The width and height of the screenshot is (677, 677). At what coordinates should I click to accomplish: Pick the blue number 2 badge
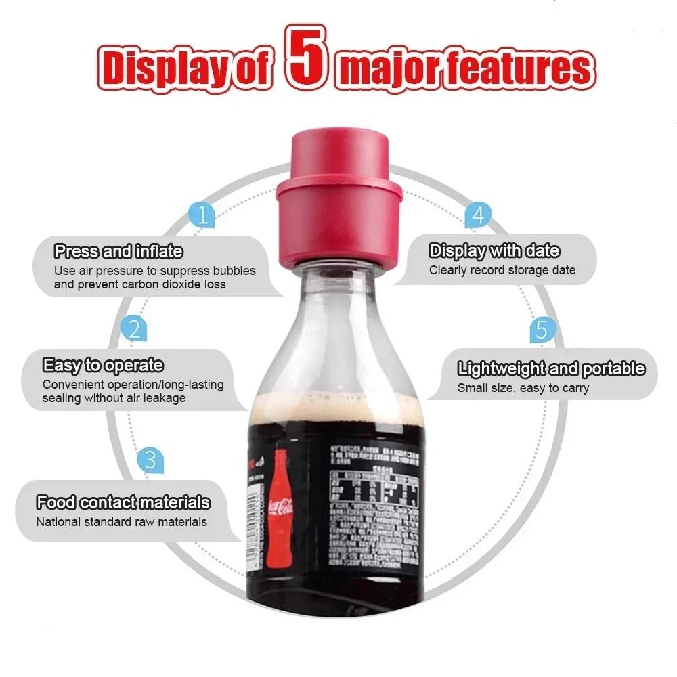134,330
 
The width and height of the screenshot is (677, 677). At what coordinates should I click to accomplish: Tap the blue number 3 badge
150,460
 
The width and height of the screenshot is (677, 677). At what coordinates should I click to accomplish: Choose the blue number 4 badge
478,215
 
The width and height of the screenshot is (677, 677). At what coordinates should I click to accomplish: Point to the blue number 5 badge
541,330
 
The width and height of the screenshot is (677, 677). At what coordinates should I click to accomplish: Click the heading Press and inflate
118,252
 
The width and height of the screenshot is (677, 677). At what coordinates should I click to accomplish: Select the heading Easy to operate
103,366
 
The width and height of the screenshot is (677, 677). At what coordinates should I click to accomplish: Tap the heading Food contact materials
123,503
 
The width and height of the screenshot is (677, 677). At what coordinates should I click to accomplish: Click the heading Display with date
494,251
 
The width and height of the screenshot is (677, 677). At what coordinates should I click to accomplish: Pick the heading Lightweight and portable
551,369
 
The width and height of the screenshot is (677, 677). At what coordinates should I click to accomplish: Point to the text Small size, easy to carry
523,388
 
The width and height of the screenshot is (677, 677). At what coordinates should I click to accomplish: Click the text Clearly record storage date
502,270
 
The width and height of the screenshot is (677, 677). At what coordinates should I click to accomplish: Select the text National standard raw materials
121,522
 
